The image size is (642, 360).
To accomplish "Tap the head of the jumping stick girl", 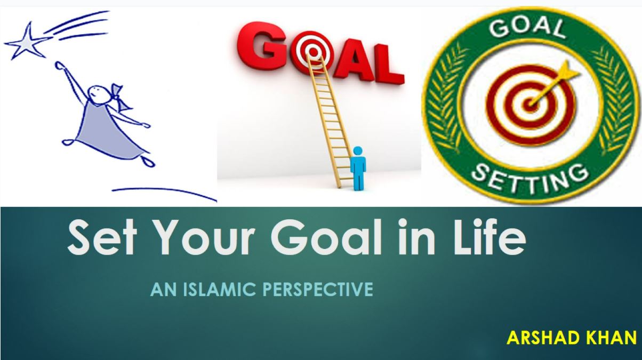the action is pos(98,93).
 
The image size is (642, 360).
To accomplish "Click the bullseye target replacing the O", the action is pos(314,52).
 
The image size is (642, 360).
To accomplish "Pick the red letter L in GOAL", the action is pos(388,63).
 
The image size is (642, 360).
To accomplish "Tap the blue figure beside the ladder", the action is pos(358,168).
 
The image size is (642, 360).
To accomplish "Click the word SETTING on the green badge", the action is pos(530,178).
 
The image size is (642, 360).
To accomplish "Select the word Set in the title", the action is pos(102,237).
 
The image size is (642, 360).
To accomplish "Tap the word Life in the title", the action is pos(489,236).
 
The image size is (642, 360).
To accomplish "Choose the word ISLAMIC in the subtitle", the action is pos(219,289).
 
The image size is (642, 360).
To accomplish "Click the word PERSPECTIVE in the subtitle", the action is pos(318,289).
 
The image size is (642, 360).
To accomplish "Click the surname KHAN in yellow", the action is pos(612,338).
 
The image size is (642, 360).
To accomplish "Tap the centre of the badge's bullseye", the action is pos(531,103).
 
